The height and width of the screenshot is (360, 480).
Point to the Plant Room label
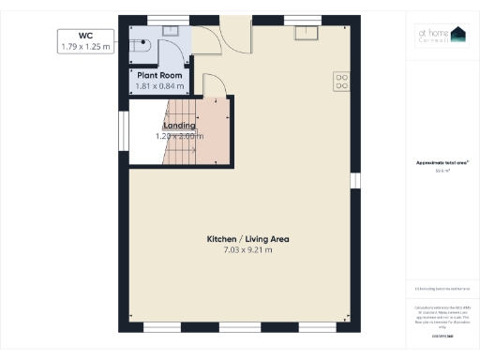pyautogui.click(x=158, y=75)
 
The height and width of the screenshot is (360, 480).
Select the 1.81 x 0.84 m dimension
pyautogui.click(x=159, y=86)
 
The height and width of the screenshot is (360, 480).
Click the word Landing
pyautogui.click(x=179, y=125)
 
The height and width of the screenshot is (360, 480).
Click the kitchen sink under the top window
pyautogui.click(x=307, y=33)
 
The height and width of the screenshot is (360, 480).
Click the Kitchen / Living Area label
pyautogui.click(x=247, y=239)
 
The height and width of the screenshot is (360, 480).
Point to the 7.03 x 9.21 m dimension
pyautogui.click(x=247, y=250)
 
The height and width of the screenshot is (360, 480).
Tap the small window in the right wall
pyautogui.click(x=354, y=180)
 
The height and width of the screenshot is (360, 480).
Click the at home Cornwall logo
pyautogui.click(x=441, y=35)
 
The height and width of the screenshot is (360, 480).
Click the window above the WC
pyautogui.click(x=160, y=18)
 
